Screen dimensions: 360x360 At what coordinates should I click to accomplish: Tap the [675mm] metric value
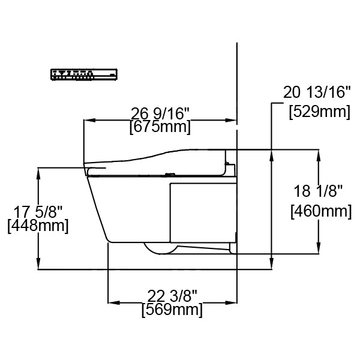160,127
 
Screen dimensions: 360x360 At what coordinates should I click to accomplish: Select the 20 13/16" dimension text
316,92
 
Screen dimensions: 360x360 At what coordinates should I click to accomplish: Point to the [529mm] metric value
319,111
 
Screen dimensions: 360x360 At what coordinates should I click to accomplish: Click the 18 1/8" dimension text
318,191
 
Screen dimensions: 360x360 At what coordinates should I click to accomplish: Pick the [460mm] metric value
320,211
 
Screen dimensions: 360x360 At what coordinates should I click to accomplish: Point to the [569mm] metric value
172,310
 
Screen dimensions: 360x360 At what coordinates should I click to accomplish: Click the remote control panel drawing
83,74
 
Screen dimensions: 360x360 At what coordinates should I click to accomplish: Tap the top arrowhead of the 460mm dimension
318,152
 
